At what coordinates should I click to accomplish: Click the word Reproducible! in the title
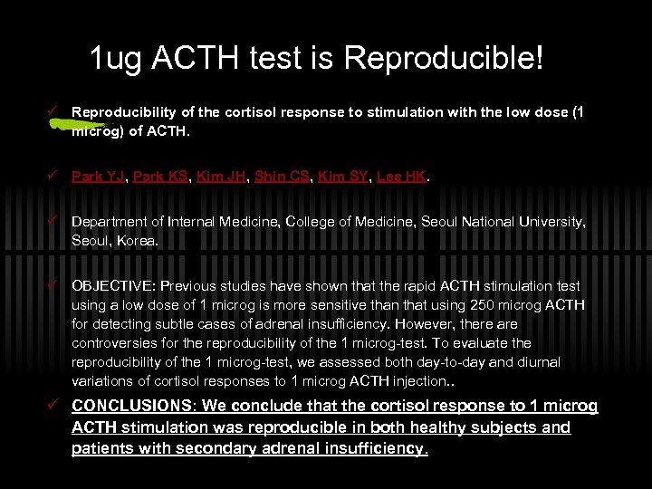(x=445, y=60)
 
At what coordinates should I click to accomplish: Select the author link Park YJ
(x=99, y=177)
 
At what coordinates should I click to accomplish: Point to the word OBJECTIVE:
(x=112, y=285)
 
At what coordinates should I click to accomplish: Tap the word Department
(x=108, y=223)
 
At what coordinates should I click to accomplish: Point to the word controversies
(x=114, y=343)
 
